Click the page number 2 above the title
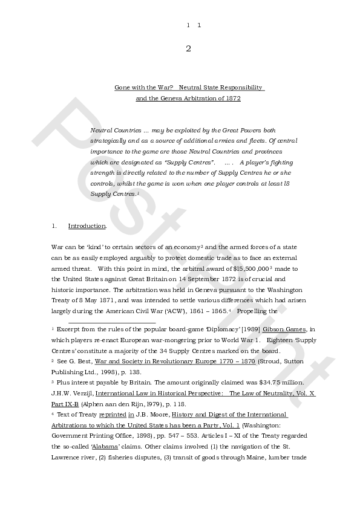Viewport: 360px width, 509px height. (x=188, y=49)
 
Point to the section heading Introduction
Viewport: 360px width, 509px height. (x=87, y=226)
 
